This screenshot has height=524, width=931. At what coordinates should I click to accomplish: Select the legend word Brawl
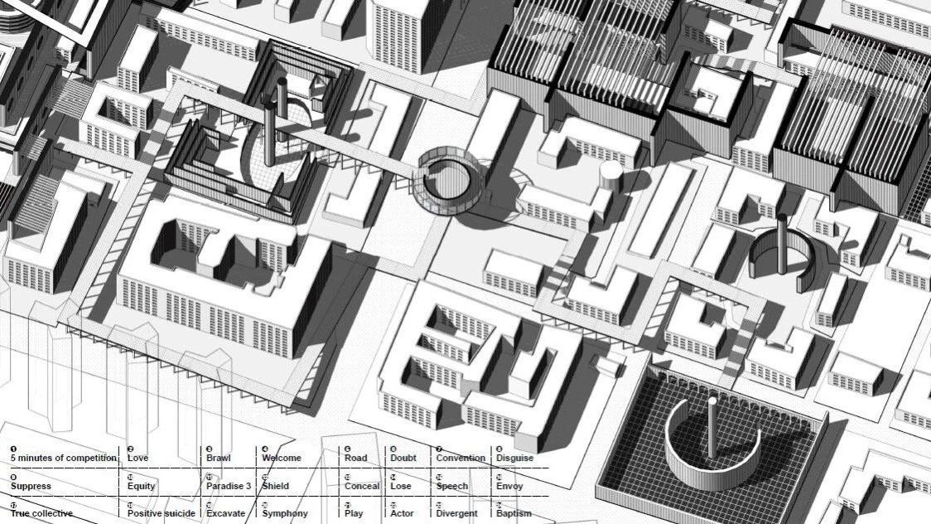[x=219, y=458]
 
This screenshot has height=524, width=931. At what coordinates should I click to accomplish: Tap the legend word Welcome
[x=282, y=458]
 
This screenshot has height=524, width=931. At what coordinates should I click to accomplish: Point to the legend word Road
[x=356, y=458]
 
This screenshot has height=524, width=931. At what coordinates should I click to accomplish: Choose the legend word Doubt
[x=403, y=458]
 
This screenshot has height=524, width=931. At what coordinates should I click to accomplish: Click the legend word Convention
[x=461, y=458]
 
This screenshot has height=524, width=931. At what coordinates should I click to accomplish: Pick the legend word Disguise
[x=514, y=458]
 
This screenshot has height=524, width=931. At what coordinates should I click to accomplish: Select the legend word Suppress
[x=31, y=486]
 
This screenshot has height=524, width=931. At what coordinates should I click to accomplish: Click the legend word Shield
[x=277, y=486]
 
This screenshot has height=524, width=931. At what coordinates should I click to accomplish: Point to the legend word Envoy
[x=509, y=486]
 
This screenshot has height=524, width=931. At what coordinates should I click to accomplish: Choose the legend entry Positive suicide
[x=162, y=513]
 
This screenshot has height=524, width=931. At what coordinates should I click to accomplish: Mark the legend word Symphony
[x=285, y=513]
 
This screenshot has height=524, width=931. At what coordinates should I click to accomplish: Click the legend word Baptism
[x=514, y=513]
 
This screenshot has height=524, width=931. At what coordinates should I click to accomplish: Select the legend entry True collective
[x=41, y=513]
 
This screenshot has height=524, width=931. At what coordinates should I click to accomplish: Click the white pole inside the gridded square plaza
[x=712, y=427]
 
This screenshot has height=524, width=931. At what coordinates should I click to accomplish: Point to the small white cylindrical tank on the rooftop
[x=610, y=172]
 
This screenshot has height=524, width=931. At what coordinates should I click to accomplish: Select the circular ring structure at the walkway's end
[x=450, y=176]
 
